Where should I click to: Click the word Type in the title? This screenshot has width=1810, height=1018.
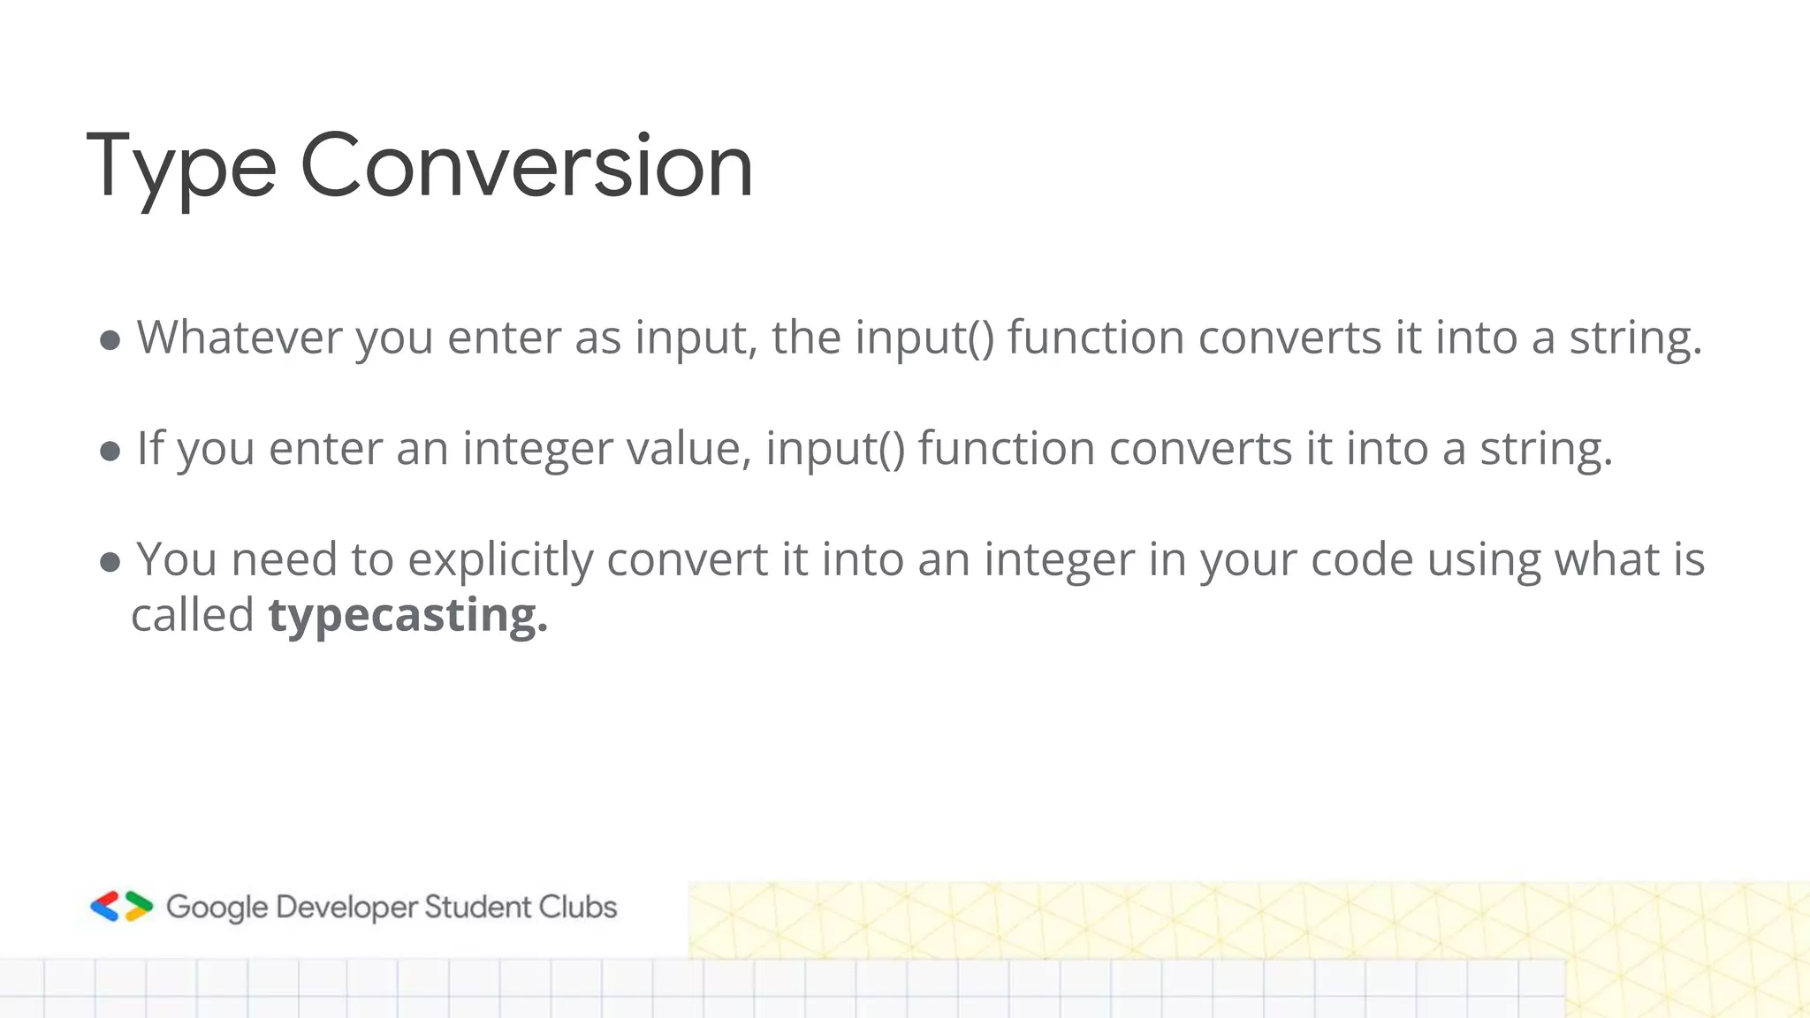181,166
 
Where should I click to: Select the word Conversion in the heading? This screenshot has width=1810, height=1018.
527,166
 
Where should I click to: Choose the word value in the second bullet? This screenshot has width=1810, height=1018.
688,448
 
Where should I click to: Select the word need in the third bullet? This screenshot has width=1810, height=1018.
284,560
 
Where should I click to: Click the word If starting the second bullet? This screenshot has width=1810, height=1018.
150,448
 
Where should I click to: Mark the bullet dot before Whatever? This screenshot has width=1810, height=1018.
110,341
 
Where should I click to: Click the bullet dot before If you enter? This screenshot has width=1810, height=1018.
110,452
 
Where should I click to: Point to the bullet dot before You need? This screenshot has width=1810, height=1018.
110,563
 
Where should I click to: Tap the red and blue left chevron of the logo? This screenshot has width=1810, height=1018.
105,907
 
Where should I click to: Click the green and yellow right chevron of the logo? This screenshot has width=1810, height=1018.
138,907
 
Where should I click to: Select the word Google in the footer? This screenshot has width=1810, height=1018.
217,908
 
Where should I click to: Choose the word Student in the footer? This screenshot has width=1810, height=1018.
476,908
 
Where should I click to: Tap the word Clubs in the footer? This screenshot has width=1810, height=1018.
578,908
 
